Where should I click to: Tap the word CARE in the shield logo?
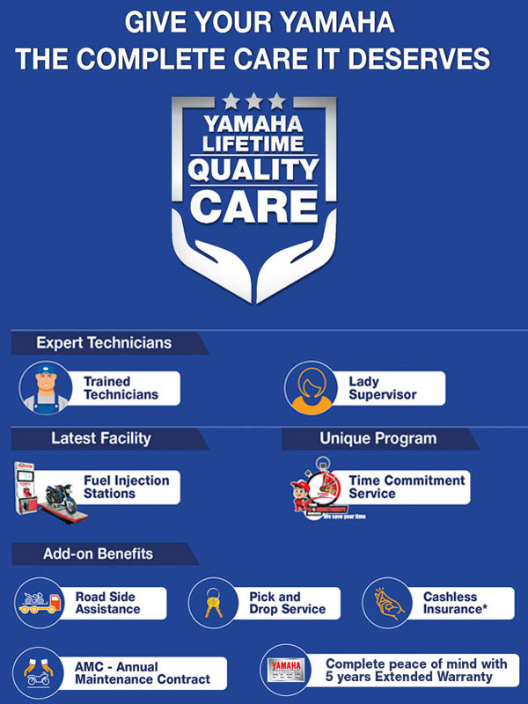point(253,206)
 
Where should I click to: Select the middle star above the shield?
point(253,101)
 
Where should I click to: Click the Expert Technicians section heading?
point(104,342)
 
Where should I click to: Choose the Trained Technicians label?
point(121,388)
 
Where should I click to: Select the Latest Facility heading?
point(100,437)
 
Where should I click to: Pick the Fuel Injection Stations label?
point(126,487)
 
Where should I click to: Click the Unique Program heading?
point(378,437)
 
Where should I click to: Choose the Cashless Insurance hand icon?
point(387,602)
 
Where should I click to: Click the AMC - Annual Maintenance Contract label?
point(142,673)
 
